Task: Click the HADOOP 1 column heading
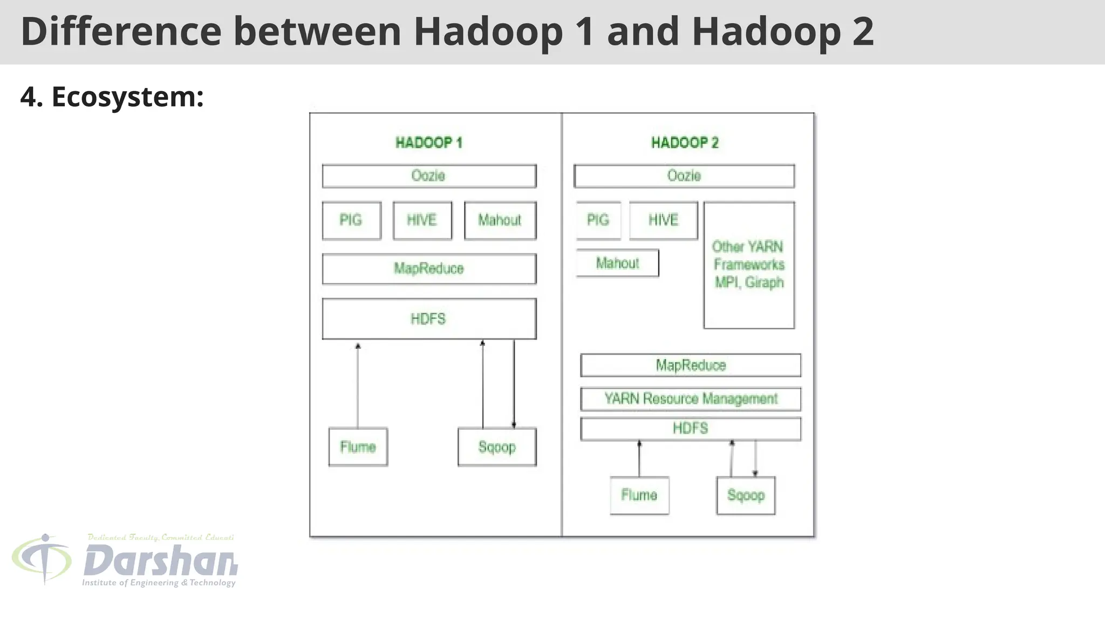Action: point(429,143)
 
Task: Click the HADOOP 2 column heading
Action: point(685,143)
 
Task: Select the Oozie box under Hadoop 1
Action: point(429,176)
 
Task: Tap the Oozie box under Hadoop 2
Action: point(684,176)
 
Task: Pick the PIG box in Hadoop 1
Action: point(351,220)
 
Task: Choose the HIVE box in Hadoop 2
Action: point(663,220)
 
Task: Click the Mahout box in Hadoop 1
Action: point(500,220)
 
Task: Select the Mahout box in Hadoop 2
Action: point(617,263)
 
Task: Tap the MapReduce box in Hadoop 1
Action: point(429,268)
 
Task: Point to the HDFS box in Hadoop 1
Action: point(429,319)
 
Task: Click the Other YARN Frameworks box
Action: point(749,265)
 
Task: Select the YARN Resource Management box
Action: point(691,399)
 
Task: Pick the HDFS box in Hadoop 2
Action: point(691,429)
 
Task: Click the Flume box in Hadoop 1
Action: point(358,447)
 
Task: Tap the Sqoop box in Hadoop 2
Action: point(746,495)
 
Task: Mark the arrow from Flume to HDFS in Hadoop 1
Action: point(358,386)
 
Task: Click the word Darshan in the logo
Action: point(160,562)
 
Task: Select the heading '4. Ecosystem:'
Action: point(112,97)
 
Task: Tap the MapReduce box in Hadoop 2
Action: point(691,366)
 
